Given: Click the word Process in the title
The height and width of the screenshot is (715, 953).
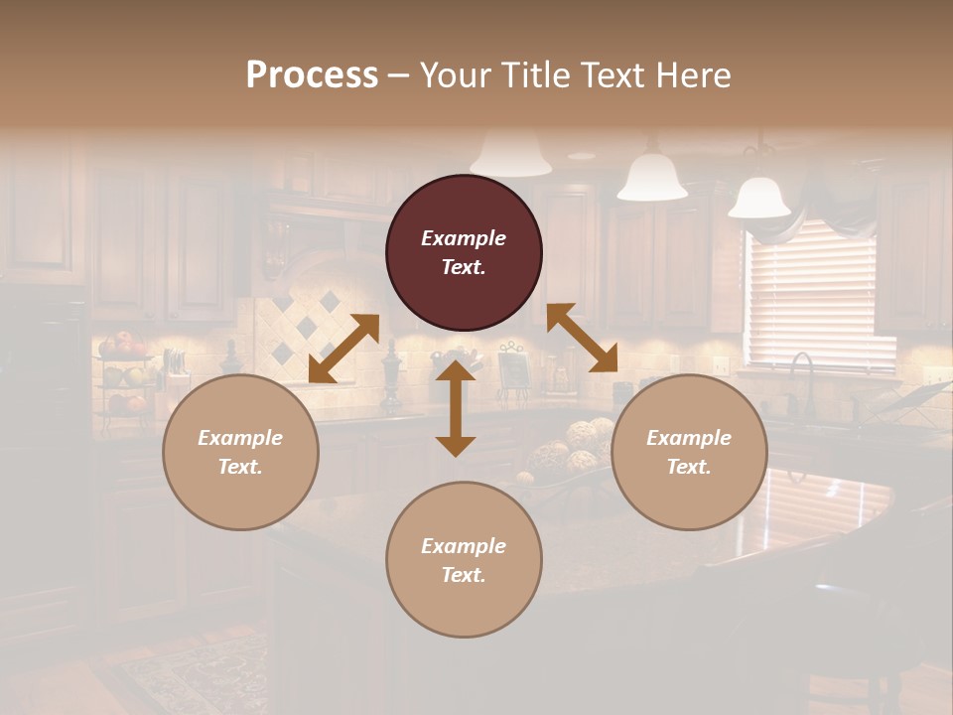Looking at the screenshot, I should tap(312, 75).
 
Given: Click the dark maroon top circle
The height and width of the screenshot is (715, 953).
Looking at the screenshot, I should tap(464, 252).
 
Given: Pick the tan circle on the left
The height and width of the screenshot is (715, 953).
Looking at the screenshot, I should tap(240, 452).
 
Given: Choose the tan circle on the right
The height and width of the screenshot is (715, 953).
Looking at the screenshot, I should tap(689, 452).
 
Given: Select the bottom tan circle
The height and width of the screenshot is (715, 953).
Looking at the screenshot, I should tap(464, 560).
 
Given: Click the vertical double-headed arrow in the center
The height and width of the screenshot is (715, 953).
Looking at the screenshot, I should tap(456, 408).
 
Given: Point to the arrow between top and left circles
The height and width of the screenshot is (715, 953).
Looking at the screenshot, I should tap(343, 349).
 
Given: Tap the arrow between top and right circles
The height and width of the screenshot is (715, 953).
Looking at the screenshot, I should tap(583, 339).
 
